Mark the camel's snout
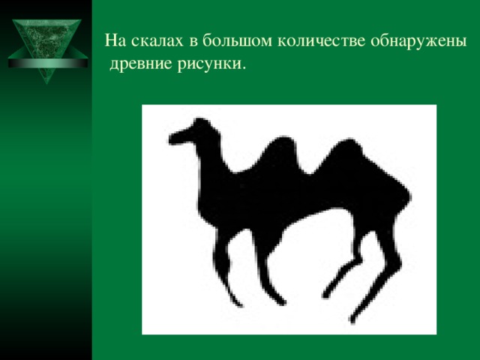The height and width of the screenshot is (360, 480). (174, 138)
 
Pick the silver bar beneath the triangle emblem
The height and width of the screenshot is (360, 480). (44, 70)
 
